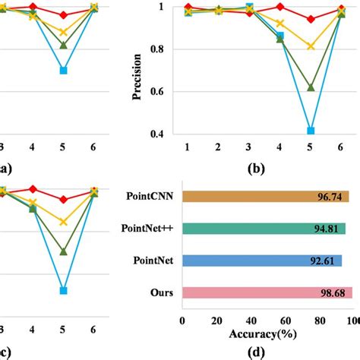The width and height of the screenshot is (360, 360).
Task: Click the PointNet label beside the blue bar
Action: pyautogui.click(x=154, y=261)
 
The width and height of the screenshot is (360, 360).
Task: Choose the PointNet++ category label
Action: pyautogui.click(x=149, y=228)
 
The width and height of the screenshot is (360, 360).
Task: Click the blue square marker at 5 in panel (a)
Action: pyautogui.click(x=64, y=71)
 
